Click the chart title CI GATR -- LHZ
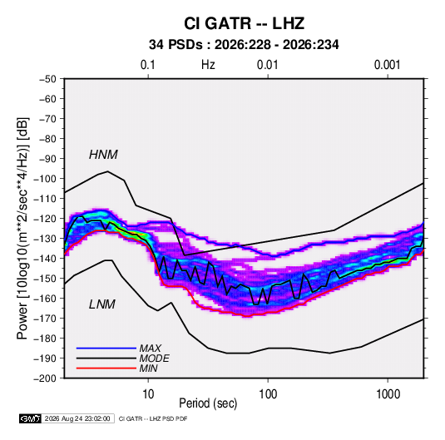[244, 23]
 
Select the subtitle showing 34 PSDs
[244, 45]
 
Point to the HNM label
[103, 155]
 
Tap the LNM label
[102, 304]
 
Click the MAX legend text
[150, 349]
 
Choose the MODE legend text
[154, 358]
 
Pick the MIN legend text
[148, 368]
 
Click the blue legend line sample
[106, 348]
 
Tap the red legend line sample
[106, 368]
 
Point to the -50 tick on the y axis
[47, 79]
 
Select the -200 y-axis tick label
[45, 378]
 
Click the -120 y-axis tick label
[45, 219]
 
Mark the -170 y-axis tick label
[45, 319]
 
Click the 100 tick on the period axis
[268, 394]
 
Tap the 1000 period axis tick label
[388, 394]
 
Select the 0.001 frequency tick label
[387, 65]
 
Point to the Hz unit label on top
[208, 65]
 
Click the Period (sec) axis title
[208, 403]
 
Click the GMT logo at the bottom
[31, 418]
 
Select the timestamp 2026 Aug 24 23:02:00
[77, 418]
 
